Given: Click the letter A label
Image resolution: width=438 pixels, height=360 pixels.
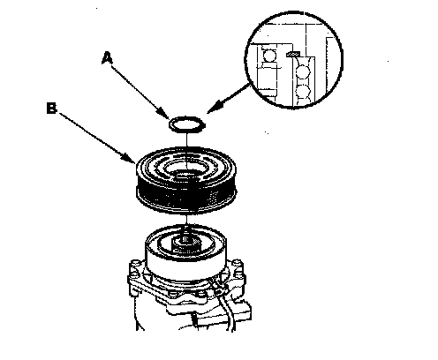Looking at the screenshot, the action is click(107, 58).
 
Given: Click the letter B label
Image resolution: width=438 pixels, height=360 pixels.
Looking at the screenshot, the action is click(51, 108).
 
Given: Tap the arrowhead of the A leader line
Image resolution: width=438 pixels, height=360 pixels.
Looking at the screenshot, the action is click(163, 113).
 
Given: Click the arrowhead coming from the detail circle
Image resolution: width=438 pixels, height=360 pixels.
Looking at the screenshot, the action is click(214, 108).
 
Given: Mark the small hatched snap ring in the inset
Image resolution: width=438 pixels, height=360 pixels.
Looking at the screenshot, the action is click(293, 54).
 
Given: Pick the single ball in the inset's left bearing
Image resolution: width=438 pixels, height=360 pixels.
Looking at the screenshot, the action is click(269, 56).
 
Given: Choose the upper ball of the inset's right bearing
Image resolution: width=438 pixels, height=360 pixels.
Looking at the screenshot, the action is click(303, 72).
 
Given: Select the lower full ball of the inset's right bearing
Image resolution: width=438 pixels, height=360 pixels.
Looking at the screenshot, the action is click(303, 92).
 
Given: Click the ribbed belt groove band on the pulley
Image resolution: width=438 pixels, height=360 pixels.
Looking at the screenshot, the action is click(186, 195).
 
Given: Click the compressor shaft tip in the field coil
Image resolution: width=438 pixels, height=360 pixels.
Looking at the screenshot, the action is click(186, 243).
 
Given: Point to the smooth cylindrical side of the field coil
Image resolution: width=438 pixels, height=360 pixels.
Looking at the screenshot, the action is click(185, 265).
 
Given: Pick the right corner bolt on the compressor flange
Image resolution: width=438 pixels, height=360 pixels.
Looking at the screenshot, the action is click(238, 265).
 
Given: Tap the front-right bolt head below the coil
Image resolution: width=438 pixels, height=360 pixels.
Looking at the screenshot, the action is click(201, 293).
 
